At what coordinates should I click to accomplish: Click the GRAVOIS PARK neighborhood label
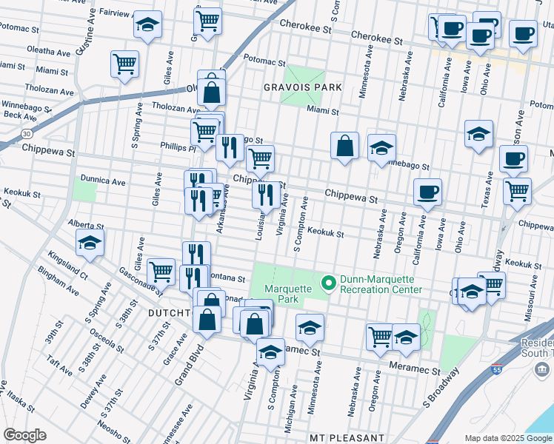tap(303, 87)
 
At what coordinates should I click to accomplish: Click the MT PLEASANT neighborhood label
tap(347, 438)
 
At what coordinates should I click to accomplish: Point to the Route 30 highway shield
tap(27, 134)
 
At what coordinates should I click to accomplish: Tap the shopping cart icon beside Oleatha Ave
tap(124, 64)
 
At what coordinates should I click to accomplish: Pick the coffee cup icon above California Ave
tap(427, 192)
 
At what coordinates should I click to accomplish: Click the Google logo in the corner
tap(24, 434)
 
